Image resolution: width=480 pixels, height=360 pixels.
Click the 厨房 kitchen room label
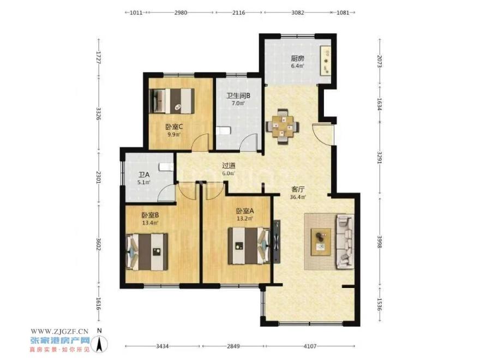click(x=298, y=58)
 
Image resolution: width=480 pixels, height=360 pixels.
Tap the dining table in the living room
click(x=283, y=126)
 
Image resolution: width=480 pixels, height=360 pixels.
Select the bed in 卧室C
click(x=172, y=101)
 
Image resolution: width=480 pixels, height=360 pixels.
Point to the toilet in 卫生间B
click(x=223, y=131)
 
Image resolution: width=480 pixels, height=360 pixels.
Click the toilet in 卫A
click(x=166, y=167)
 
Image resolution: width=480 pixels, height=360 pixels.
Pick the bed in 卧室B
click(x=147, y=251)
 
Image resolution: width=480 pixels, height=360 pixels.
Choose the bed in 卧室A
click(x=249, y=245)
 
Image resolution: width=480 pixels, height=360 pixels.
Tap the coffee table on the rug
click(x=321, y=242)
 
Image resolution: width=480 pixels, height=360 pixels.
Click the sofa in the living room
click(x=345, y=242)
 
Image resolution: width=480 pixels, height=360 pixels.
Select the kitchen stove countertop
click(x=326, y=61)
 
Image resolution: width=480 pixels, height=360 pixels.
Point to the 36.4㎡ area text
click(x=298, y=197)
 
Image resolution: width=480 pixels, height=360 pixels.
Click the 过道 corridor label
click(x=229, y=166)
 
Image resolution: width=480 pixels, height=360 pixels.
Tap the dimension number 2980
click(x=181, y=13)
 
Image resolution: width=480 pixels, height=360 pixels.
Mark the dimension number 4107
click(x=310, y=346)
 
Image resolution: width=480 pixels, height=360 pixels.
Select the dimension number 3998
click(x=379, y=242)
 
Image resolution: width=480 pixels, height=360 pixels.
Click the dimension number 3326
click(x=99, y=113)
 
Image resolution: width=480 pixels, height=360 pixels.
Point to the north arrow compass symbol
click(x=99, y=342)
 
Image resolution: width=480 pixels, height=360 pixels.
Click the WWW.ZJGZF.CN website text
click(x=59, y=331)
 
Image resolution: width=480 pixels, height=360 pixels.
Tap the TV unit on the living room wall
click(x=277, y=242)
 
